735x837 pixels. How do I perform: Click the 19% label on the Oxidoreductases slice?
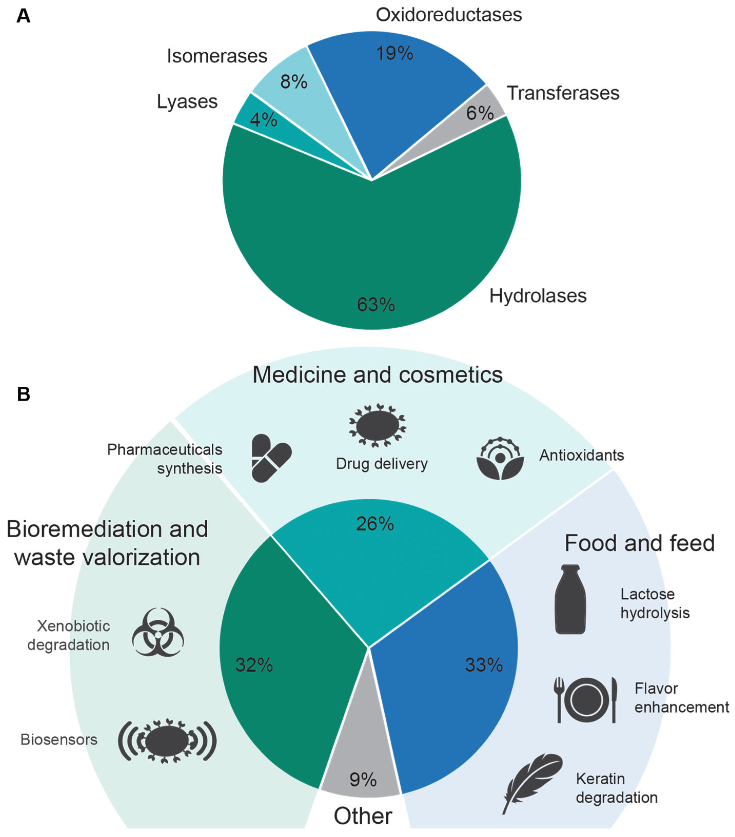tap(394, 53)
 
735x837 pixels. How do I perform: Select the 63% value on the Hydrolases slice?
tap(376, 304)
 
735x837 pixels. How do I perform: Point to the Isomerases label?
tap(217, 56)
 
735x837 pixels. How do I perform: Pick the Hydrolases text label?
tap(538, 296)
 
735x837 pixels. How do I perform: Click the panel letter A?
tap(23, 16)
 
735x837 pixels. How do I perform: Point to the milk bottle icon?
tap(570, 599)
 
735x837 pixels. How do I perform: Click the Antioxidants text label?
tap(581, 455)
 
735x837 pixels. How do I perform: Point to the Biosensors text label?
tap(59, 739)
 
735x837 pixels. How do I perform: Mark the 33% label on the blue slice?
tap(484, 665)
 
